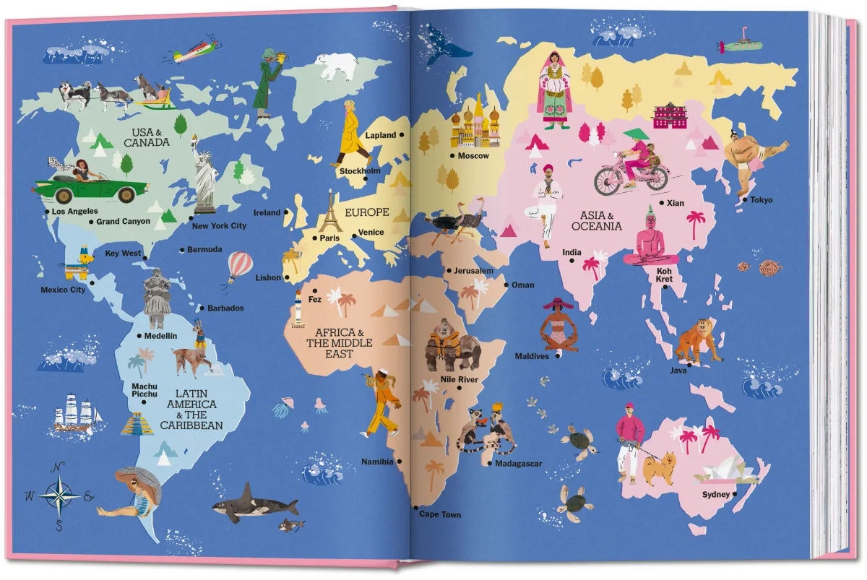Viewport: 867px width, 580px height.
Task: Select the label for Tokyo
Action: point(761,200)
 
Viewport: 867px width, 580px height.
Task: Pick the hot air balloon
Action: point(240,267)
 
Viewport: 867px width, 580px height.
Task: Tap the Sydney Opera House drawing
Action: point(724,471)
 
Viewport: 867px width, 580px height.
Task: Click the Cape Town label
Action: point(440,515)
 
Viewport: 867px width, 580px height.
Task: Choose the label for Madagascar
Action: point(518,464)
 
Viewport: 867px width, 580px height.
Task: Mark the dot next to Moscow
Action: point(452,155)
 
